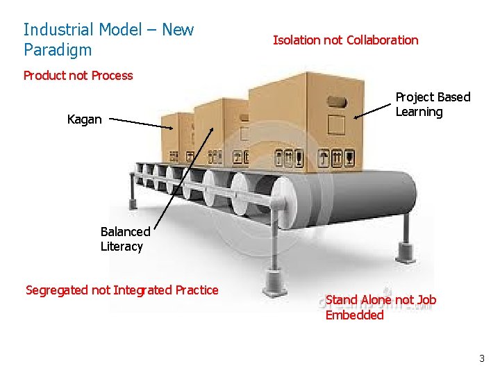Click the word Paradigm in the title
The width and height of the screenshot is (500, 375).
tap(58, 50)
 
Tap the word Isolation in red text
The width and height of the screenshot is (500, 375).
tap(297, 40)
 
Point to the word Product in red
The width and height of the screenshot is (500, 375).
tap(44, 76)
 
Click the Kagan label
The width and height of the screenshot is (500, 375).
tap(84, 119)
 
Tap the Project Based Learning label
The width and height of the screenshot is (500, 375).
tap(432, 104)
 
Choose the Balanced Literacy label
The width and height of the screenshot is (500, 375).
tap(124, 239)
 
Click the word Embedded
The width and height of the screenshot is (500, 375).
tap(354, 315)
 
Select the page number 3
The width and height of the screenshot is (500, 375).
tap(481, 359)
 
